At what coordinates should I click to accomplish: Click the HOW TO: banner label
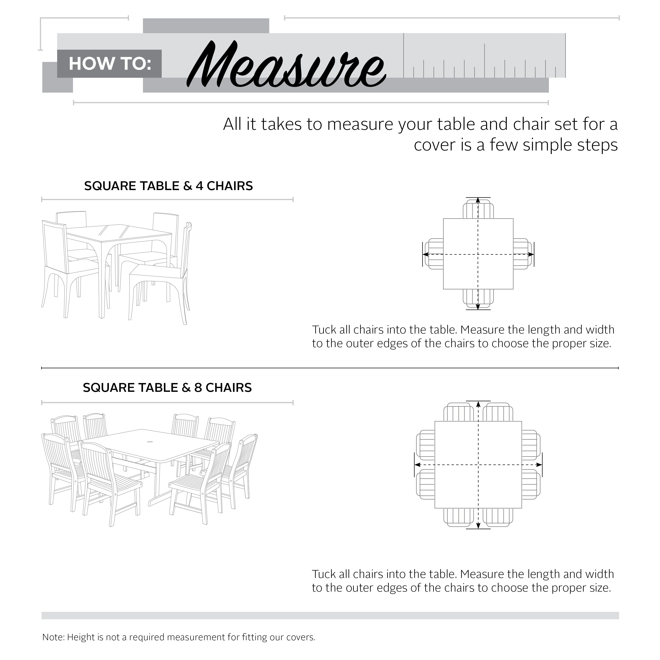tap(110, 64)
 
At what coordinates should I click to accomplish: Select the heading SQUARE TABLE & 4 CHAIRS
tap(169, 186)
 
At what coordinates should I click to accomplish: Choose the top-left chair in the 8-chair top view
tap(458, 413)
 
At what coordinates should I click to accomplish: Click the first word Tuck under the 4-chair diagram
tap(324, 330)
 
